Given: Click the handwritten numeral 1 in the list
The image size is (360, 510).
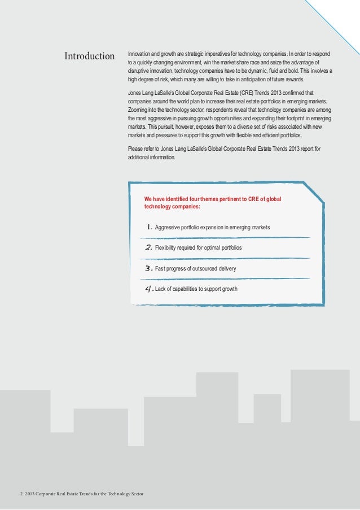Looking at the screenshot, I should coord(149,227).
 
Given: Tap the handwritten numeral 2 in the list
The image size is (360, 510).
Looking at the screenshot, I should coord(149,247).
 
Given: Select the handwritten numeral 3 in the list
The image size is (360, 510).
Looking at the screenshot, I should coord(149,268).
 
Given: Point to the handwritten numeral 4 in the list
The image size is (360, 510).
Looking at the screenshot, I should coord(149,289).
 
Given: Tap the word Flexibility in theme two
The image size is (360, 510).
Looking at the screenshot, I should coord(167,248).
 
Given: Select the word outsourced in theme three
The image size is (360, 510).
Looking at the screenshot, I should coord(205,268).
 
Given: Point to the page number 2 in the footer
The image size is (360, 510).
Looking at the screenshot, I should coord(21,494).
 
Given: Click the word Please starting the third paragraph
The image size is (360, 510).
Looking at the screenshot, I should coord(135,149).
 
